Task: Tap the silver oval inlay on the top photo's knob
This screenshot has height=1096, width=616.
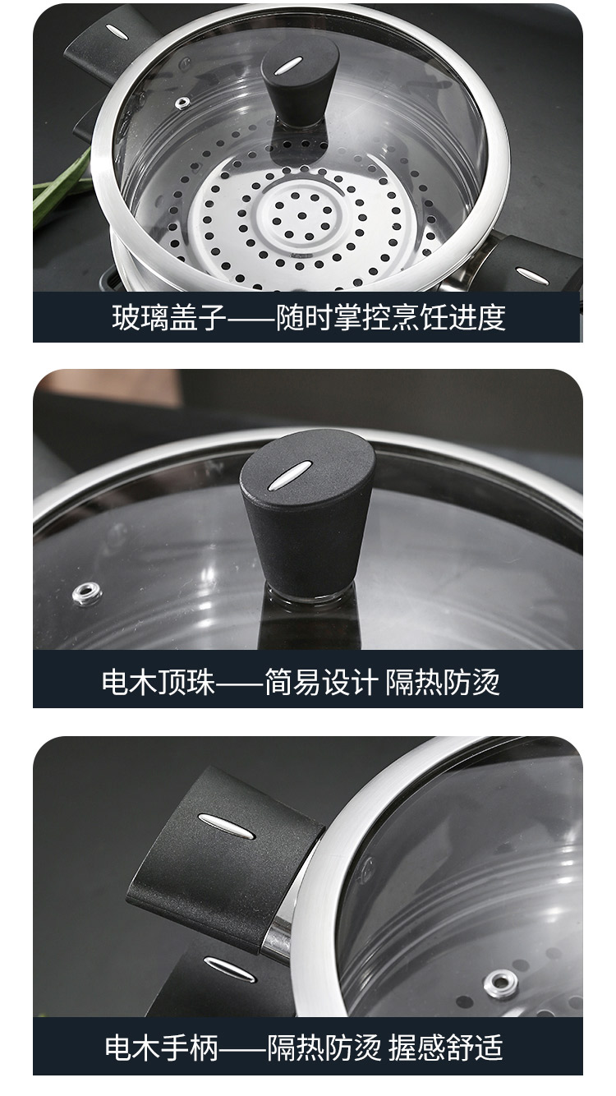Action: [x=287, y=66]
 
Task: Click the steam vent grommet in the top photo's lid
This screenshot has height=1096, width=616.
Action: [x=182, y=103]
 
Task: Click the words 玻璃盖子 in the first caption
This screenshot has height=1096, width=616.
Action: [x=169, y=318]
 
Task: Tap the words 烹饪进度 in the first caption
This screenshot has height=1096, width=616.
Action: [x=448, y=318]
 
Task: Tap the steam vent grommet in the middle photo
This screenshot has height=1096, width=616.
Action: [x=87, y=593]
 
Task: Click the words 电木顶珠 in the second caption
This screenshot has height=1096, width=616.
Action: [x=158, y=682]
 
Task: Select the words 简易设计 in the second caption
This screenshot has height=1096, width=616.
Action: [x=321, y=682]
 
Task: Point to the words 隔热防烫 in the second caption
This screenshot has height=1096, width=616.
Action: [x=443, y=682]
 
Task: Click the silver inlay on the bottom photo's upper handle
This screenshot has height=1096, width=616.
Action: [x=226, y=827]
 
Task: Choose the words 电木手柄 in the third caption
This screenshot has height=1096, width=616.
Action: [x=162, y=1048]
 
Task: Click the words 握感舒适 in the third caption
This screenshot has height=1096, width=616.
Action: [x=445, y=1048]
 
